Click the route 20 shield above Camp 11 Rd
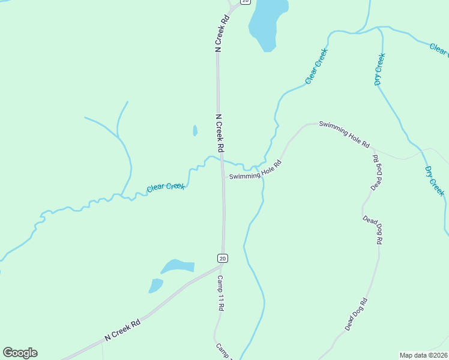[x=222, y=258]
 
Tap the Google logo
[x=20, y=353]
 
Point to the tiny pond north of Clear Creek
[x=195, y=130]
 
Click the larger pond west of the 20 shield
[x=178, y=266]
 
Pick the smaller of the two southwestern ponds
[x=156, y=286]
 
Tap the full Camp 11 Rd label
[x=220, y=293]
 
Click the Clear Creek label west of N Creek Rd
[x=166, y=187]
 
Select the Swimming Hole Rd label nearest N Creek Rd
[x=254, y=171]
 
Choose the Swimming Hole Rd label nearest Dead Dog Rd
[x=344, y=133]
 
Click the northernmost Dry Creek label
[x=379, y=69]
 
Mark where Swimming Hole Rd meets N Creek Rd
[x=223, y=177]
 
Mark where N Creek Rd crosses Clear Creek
[x=221, y=161]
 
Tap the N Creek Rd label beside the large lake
[x=221, y=34]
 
